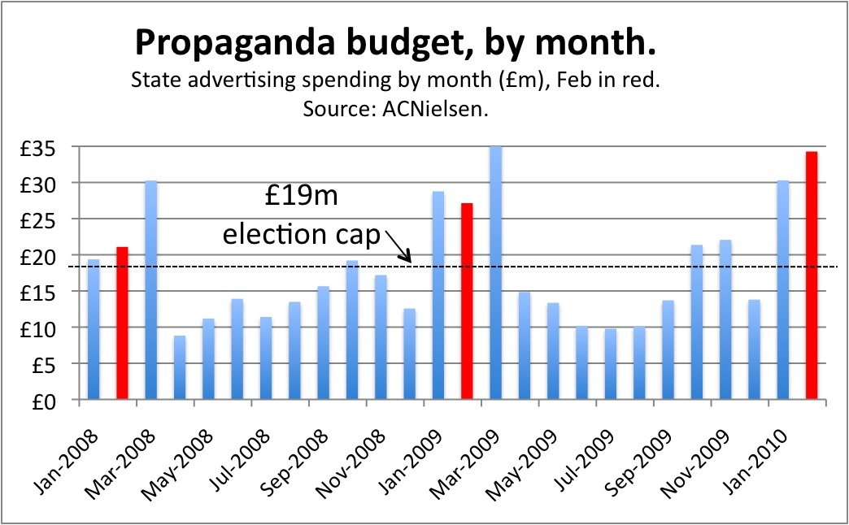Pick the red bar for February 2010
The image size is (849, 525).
(x=811, y=276)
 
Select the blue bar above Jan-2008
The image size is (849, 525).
(x=94, y=329)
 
